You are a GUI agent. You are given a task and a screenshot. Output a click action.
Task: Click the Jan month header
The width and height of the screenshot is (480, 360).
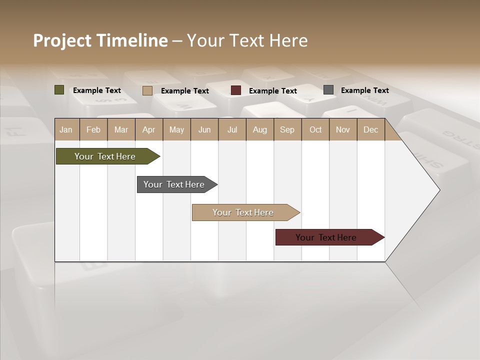(x=66, y=130)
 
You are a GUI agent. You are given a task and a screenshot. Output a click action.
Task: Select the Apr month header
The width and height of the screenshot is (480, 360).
(x=149, y=130)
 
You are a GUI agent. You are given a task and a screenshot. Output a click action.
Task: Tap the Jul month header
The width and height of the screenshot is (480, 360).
(x=232, y=130)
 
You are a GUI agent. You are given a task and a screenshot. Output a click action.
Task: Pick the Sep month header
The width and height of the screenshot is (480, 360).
(x=287, y=130)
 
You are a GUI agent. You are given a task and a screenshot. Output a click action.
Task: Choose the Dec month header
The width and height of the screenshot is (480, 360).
(x=370, y=130)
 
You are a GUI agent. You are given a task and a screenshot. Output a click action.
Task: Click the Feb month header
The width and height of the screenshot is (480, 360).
(x=93, y=130)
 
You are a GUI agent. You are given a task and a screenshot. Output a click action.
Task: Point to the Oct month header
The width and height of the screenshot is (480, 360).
(x=315, y=130)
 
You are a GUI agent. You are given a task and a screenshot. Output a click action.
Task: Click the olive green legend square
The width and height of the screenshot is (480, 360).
(x=59, y=90)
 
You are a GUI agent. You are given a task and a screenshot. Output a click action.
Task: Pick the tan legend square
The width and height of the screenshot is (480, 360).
(x=147, y=90)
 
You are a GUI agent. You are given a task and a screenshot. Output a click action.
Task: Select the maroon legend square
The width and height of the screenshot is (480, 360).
(x=236, y=90)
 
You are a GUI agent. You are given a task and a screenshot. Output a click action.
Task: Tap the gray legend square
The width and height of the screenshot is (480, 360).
(x=328, y=90)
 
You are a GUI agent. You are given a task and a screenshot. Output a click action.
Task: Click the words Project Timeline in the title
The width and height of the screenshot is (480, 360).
(x=100, y=40)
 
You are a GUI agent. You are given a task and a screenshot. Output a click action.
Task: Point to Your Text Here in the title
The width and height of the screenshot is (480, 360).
(x=247, y=40)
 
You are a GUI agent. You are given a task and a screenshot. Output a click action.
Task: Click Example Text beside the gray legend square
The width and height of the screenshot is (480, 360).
(x=364, y=90)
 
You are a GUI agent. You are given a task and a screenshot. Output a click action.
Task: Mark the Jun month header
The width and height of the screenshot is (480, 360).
(x=204, y=130)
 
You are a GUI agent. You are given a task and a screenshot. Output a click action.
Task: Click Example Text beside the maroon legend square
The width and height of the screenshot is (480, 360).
(x=272, y=91)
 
